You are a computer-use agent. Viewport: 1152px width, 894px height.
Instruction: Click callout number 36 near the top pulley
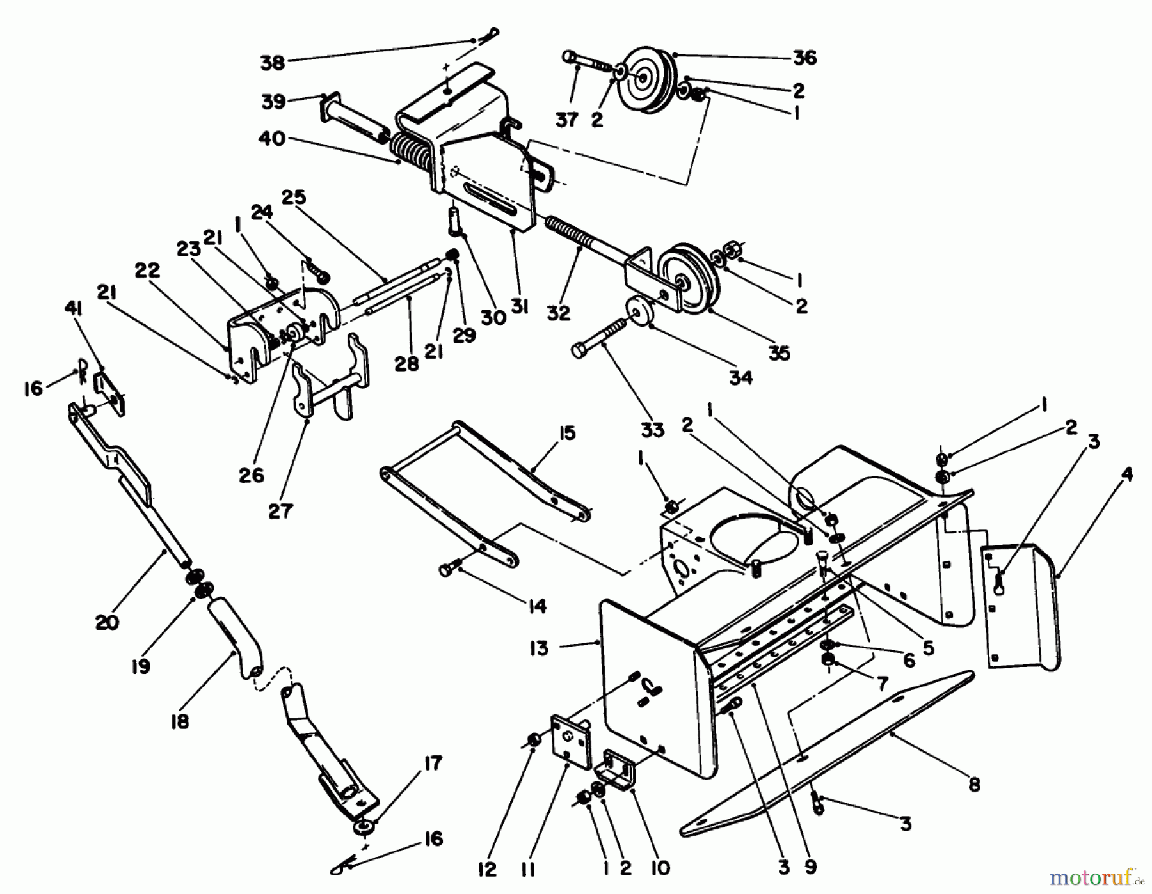click(x=804, y=58)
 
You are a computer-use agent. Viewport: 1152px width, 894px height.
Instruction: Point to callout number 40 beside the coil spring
click(x=272, y=138)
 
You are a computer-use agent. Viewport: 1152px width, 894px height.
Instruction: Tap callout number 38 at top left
click(x=272, y=63)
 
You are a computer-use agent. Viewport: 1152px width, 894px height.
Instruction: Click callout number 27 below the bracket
click(x=280, y=510)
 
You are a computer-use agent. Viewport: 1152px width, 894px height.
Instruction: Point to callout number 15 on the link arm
click(x=567, y=433)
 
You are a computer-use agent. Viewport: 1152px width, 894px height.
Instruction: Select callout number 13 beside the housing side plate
click(x=540, y=648)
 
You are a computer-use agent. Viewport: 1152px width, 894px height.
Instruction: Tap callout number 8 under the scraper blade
click(x=974, y=784)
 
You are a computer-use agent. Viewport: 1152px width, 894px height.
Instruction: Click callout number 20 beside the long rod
click(x=107, y=622)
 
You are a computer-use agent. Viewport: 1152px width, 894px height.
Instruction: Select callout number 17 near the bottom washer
click(x=433, y=764)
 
